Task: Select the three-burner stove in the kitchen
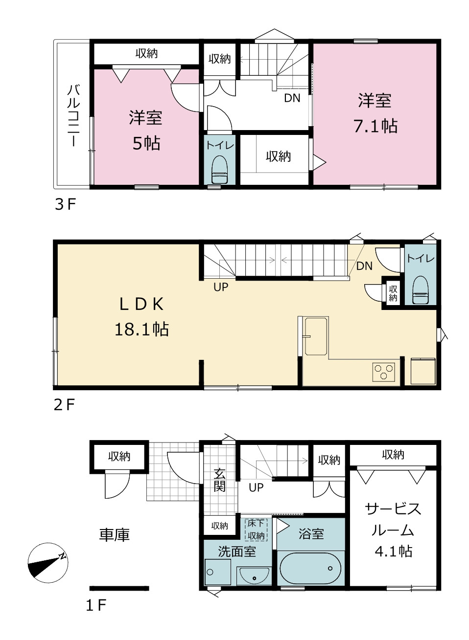[x=384, y=372]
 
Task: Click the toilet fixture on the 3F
[x=219, y=170]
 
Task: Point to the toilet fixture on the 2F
[x=421, y=289]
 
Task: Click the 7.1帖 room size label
[x=375, y=126]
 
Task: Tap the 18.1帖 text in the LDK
[x=141, y=329]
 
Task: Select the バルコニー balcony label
[x=73, y=115]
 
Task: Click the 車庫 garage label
[x=115, y=534]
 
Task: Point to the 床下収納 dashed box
[x=256, y=530]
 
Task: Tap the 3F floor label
[x=65, y=204]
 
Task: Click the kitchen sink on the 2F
[x=316, y=336]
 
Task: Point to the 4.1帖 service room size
[x=394, y=552]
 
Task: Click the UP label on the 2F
[x=221, y=287]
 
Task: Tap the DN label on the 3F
[x=292, y=98]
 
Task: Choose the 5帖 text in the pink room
[x=146, y=143]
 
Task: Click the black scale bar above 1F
[x=119, y=588]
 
